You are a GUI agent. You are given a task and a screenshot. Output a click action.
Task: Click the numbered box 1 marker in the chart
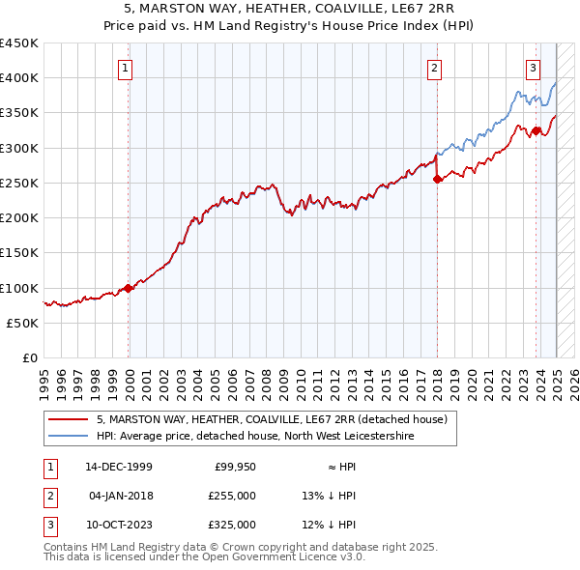[128, 68]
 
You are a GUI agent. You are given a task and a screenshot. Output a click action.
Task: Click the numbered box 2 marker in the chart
[435, 68]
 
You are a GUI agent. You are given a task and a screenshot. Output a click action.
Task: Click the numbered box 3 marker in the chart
[534, 68]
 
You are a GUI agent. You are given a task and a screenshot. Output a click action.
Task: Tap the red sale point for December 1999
[129, 288]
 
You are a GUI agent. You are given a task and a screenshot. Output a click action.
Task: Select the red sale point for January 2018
[437, 179]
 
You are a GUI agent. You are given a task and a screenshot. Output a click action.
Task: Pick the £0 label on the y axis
[30, 358]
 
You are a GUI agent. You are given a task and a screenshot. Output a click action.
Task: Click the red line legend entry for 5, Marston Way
[271, 420]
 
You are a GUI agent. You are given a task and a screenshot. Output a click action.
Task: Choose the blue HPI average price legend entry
[254, 437]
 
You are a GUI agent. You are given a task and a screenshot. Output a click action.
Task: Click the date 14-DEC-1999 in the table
[119, 467]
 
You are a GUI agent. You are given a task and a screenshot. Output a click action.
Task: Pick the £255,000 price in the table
[233, 496]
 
